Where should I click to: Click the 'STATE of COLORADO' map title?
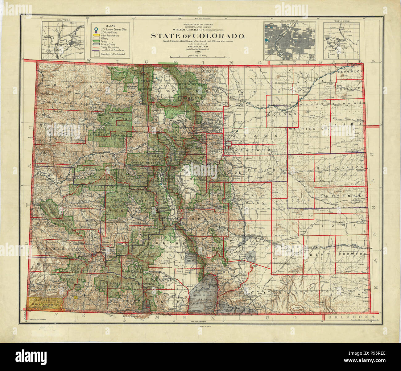tap(198, 36)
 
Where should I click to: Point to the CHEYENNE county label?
tap(340, 196)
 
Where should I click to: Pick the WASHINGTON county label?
tap(308, 128)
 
